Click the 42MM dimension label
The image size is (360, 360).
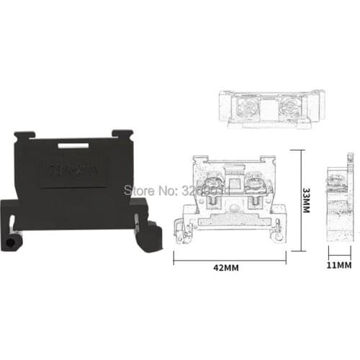click(227, 267)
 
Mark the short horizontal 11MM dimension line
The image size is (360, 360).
click(339, 248)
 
